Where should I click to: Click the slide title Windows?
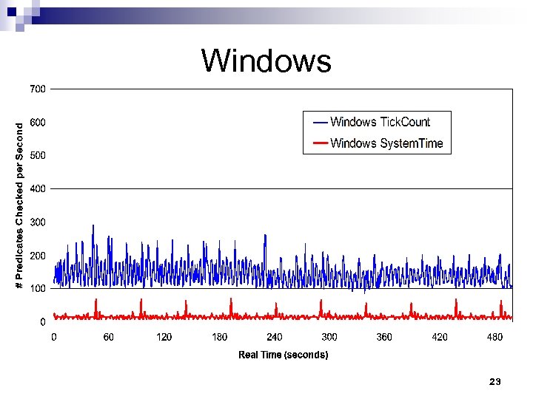click(x=266, y=61)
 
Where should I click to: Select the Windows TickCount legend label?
click(x=380, y=122)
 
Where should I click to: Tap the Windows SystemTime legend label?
click(x=386, y=143)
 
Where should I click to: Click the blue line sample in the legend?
click(x=321, y=122)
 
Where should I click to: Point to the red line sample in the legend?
click(x=321, y=143)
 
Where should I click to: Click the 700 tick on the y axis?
click(x=37, y=89)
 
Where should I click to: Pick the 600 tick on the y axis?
click(x=37, y=122)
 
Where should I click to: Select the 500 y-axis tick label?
click(x=37, y=155)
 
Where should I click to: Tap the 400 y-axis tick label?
click(x=37, y=188)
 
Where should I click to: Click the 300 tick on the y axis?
click(x=37, y=222)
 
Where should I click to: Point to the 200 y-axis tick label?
click(x=37, y=255)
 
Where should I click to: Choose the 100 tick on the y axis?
click(x=37, y=288)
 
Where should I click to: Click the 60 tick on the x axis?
click(x=109, y=337)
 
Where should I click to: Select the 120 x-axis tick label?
click(x=164, y=337)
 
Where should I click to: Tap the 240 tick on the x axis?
click(x=274, y=337)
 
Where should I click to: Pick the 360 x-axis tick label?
click(x=384, y=337)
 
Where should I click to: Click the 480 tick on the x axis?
click(x=494, y=337)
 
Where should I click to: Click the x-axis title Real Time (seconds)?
click(x=283, y=355)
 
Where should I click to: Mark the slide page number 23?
click(x=495, y=381)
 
